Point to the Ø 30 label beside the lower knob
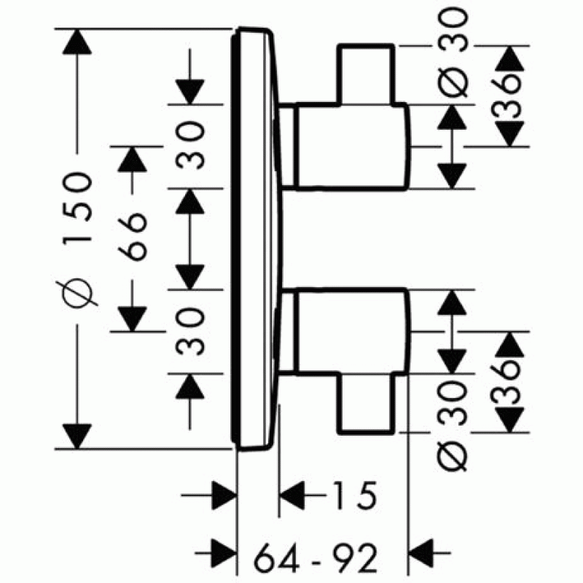pyautogui.click(x=453, y=423)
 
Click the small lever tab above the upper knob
pyautogui.click(x=367, y=73)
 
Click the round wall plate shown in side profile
pyautogui.click(x=255, y=237)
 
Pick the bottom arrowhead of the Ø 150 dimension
pyautogui.click(x=78, y=436)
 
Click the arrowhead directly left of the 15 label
pyautogui.click(x=291, y=498)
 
